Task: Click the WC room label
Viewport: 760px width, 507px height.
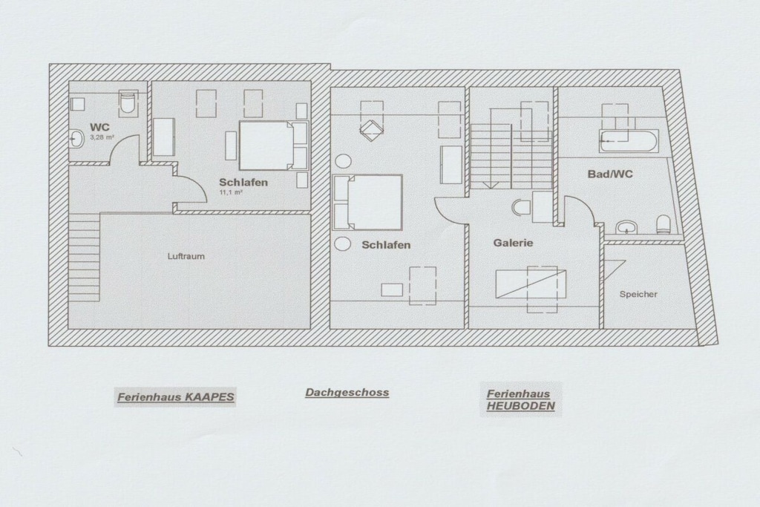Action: point(100,128)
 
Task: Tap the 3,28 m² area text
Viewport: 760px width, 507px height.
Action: point(102,137)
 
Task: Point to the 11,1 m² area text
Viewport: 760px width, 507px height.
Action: point(232,192)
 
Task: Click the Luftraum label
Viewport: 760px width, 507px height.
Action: point(186,256)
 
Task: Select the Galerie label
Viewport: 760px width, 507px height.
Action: point(514,243)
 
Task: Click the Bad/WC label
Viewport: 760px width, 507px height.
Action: point(610,174)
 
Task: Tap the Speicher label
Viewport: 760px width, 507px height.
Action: point(638,294)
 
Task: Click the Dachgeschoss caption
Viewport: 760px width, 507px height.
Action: point(347,393)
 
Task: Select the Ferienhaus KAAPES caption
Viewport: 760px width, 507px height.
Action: point(175,397)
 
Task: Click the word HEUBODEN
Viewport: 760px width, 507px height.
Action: point(520,406)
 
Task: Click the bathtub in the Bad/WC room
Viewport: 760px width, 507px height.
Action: point(629,140)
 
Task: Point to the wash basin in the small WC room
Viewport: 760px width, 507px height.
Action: point(76,139)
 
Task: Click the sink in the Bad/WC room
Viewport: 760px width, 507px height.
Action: point(628,227)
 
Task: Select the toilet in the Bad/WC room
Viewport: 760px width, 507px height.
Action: point(664,225)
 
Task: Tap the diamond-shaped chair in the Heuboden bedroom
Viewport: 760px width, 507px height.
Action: point(371,128)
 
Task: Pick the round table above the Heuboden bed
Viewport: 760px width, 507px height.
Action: point(343,161)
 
